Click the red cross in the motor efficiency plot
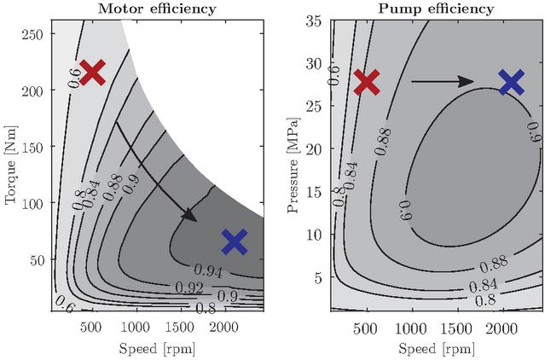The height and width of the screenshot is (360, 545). click(x=92, y=73)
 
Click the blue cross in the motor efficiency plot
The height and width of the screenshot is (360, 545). click(x=235, y=242)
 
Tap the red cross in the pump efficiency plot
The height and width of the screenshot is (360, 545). click(x=367, y=82)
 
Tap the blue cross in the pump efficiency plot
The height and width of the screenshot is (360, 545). click(x=511, y=82)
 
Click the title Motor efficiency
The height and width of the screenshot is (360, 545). click(x=157, y=9)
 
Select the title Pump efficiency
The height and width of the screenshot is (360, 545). click(x=436, y=9)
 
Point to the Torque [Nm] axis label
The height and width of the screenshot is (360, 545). click(x=10, y=165)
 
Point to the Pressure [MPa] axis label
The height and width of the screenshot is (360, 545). click(x=293, y=165)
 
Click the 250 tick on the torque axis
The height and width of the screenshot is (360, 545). click(x=33, y=34)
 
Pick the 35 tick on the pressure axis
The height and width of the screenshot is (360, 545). click(x=314, y=21)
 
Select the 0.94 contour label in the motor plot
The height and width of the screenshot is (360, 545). click(x=208, y=271)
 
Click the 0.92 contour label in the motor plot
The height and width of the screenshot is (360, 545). click(x=189, y=287)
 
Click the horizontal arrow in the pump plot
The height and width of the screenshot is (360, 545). click(x=443, y=82)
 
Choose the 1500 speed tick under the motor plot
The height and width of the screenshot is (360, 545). click(x=179, y=328)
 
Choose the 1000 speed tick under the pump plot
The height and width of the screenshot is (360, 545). click(x=412, y=328)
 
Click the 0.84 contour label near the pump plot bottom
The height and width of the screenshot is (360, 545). click(x=484, y=286)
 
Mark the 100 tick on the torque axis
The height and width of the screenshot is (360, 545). click(x=33, y=203)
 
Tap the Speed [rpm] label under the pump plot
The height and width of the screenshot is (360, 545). click(x=437, y=349)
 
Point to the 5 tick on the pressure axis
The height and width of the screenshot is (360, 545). click(x=318, y=277)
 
